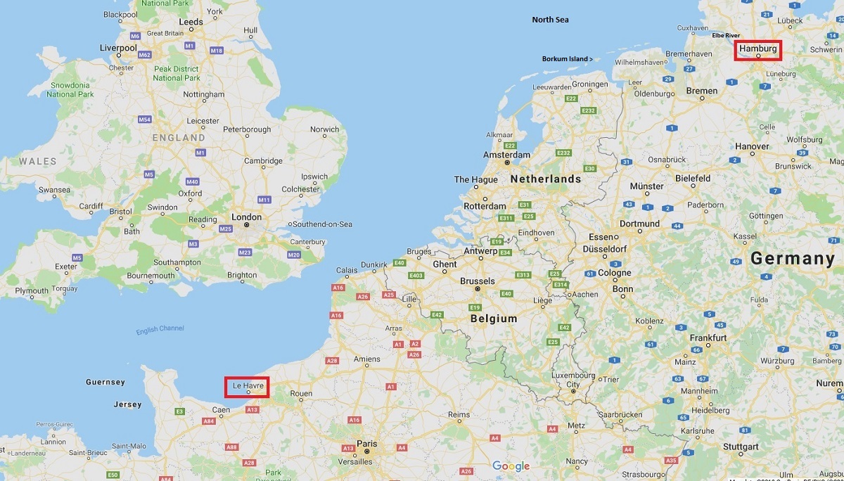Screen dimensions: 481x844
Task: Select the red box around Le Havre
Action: pyautogui.click(x=247, y=387)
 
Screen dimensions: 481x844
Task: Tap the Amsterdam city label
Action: pyautogui.click(x=506, y=155)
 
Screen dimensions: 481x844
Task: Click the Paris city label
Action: pyautogui.click(x=366, y=444)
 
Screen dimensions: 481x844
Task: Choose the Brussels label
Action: pyautogui.click(x=477, y=281)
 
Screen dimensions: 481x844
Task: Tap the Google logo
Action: pyautogui.click(x=511, y=466)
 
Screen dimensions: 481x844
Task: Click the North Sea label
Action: pyautogui.click(x=550, y=20)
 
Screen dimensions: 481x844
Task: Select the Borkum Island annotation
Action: pyautogui.click(x=567, y=59)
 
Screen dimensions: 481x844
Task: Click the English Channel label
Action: pyautogui.click(x=160, y=328)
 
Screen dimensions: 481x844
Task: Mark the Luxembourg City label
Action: pyautogui.click(x=573, y=380)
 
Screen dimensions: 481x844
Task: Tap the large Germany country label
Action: pyautogui.click(x=792, y=258)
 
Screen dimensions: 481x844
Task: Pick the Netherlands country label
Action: pyautogui.click(x=546, y=179)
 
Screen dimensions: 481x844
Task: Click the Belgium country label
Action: pyautogui.click(x=494, y=318)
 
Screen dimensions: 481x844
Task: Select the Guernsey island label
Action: pyautogui.click(x=105, y=382)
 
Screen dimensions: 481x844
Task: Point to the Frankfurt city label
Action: pyautogui.click(x=708, y=338)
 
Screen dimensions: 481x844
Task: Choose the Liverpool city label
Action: pyautogui.click(x=118, y=48)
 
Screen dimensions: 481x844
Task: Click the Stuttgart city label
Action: pyautogui.click(x=739, y=447)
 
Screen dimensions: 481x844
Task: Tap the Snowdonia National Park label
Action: pyautogui.click(x=70, y=89)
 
